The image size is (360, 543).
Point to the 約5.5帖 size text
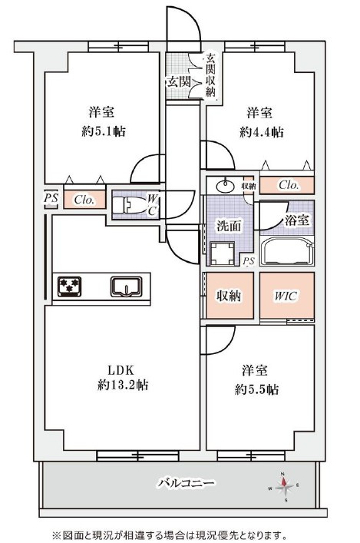point(256,389)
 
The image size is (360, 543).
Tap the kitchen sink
point(127,287)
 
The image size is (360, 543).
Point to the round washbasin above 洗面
point(226,186)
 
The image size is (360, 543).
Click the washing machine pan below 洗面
point(226,253)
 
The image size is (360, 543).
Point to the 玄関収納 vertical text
point(210,74)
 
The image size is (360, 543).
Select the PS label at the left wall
point(51,198)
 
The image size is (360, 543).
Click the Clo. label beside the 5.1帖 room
point(84,200)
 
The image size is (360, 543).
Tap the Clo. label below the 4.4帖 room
point(289,185)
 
